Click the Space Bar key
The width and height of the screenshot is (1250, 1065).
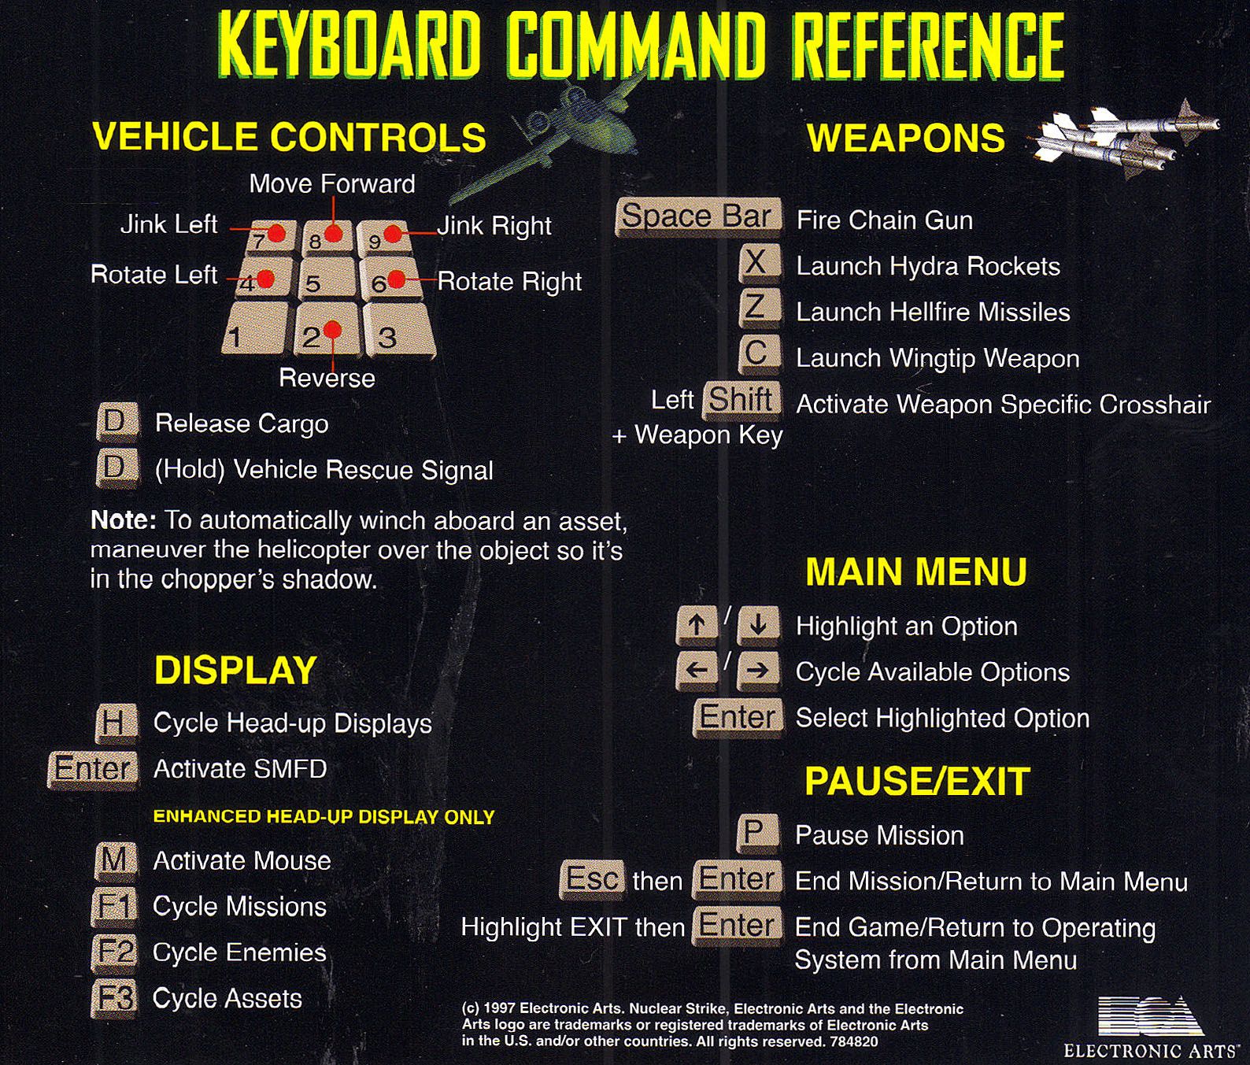698,217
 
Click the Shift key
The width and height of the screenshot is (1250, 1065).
741,400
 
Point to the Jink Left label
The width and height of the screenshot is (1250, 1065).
168,224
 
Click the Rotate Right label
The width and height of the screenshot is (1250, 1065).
509,281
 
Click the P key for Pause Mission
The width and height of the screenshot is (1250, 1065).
758,834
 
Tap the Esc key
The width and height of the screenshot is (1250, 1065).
592,879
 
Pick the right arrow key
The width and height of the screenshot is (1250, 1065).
758,671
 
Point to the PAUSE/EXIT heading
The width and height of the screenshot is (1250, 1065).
917,781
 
